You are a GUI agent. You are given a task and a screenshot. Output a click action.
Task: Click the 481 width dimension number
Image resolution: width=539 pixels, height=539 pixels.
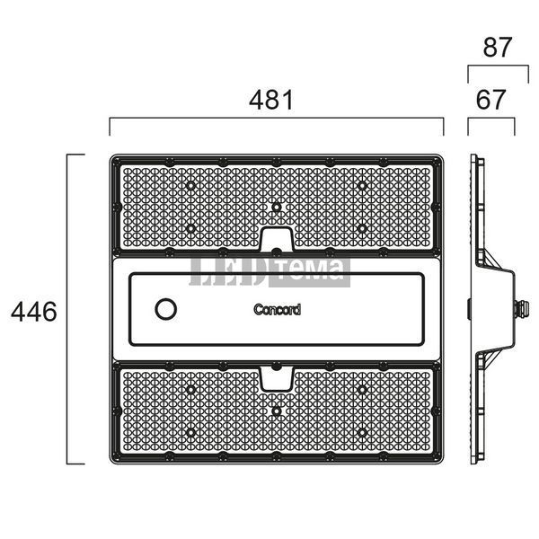click(271, 100)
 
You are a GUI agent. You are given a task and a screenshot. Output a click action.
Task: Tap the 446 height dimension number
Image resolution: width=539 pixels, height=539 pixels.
click(34, 312)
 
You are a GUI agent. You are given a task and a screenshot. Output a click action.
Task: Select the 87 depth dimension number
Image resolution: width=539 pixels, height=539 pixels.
click(498, 47)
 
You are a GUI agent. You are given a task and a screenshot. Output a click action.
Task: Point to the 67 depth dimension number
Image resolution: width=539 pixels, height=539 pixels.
click(490, 100)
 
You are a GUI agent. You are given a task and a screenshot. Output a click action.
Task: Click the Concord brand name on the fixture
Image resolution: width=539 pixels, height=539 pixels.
click(277, 310)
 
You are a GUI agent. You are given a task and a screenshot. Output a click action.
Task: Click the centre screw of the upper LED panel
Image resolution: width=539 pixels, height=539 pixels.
click(277, 207)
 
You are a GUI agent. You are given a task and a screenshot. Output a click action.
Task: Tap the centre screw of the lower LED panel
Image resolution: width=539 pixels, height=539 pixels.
click(277, 411)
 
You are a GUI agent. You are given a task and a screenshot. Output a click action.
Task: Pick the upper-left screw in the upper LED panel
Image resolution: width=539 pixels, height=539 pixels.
click(190, 186)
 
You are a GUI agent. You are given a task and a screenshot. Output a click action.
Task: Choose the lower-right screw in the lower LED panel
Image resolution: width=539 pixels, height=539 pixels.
click(362, 432)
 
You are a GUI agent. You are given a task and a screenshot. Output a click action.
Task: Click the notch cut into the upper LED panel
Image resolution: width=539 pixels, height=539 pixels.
click(277, 239)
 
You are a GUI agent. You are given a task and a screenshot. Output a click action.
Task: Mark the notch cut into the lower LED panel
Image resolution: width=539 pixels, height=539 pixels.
click(277, 378)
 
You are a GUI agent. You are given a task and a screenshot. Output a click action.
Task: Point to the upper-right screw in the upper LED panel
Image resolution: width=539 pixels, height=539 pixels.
click(362, 186)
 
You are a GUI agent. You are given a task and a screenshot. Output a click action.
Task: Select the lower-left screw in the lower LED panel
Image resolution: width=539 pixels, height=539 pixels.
click(190, 432)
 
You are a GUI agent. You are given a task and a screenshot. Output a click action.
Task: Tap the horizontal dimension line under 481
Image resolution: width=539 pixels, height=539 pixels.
click(277, 118)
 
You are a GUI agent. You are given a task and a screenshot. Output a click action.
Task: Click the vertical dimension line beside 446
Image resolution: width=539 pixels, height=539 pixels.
click(67, 309)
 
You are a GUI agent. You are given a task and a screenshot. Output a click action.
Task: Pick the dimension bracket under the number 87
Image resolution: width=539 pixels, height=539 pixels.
click(498, 66)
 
